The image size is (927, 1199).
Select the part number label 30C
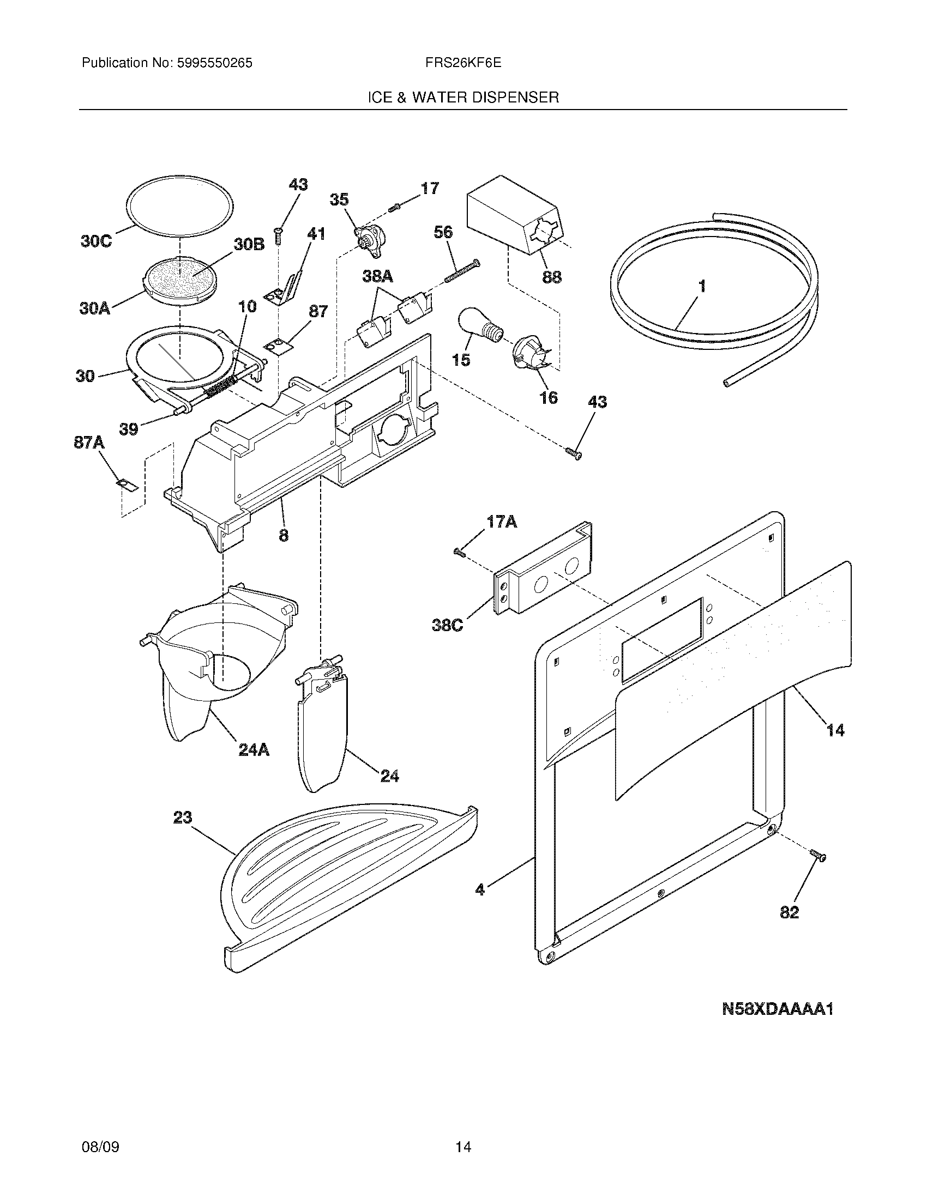tap(96, 241)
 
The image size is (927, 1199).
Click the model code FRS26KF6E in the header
tap(462, 63)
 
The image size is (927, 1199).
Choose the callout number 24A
tap(254, 750)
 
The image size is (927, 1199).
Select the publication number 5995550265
tap(215, 63)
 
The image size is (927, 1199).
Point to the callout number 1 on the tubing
tap(701, 286)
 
